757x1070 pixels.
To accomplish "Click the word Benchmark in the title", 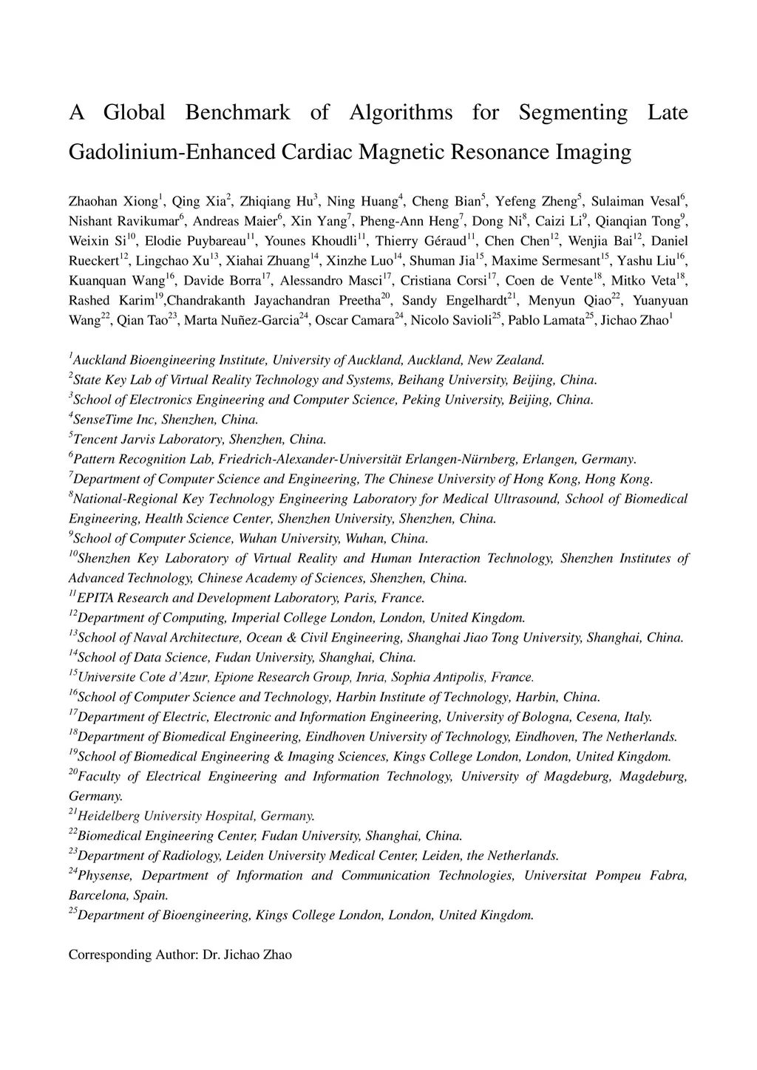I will (237, 112).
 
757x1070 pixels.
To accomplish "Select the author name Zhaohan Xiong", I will (113, 202).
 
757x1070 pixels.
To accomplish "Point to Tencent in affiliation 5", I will (94, 440).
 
